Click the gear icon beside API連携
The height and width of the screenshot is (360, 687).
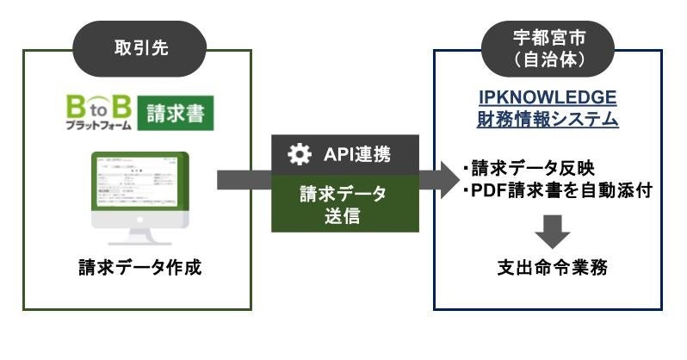coord(298,154)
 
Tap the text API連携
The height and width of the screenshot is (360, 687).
coord(356,155)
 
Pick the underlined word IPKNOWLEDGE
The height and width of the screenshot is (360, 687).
coord(548,97)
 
